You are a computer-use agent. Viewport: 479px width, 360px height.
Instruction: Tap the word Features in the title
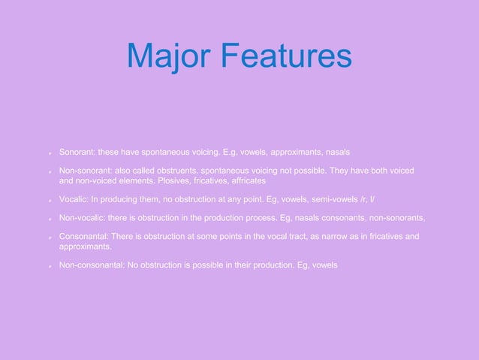coord(285,56)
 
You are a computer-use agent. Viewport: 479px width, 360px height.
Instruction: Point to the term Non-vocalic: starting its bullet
coord(84,219)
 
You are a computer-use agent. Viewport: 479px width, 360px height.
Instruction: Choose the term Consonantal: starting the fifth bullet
coord(83,237)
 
